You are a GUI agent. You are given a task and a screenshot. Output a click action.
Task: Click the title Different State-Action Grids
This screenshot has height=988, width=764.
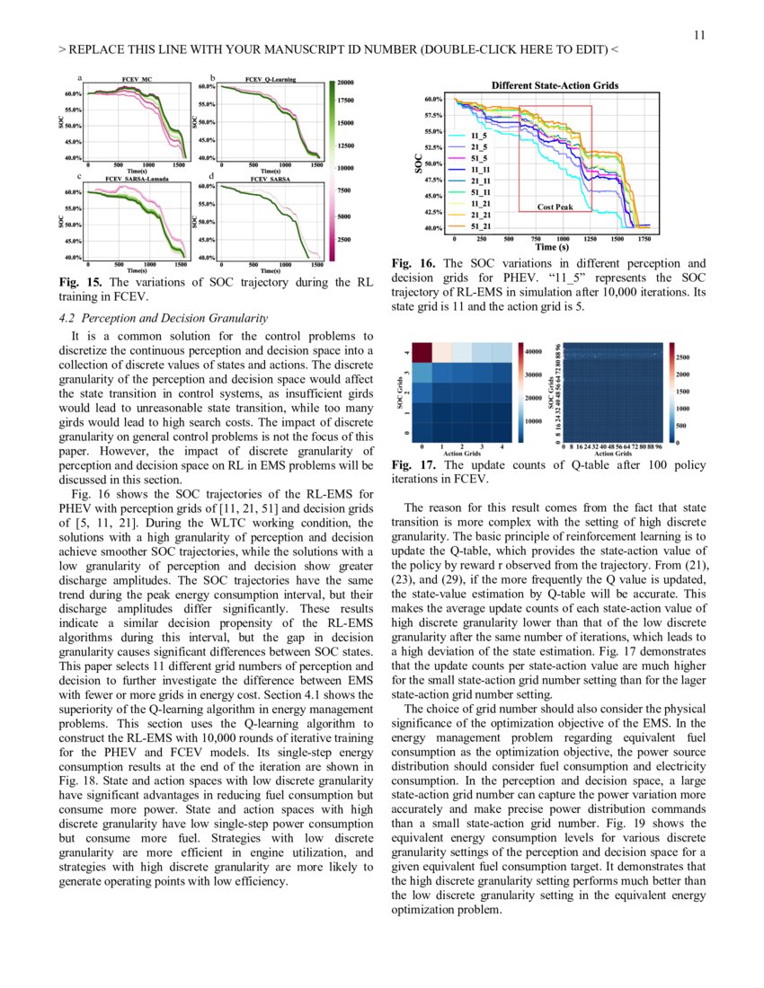coord(555,85)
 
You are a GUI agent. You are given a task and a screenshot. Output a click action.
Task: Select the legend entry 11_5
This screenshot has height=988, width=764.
coord(478,135)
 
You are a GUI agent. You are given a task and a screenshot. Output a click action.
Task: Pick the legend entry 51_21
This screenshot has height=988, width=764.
coord(480,225)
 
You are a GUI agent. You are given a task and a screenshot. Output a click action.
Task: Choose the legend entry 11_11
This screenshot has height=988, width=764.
coord(480,169)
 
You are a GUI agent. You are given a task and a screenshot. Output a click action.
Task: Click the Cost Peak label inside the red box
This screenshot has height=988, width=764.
coord(555,207)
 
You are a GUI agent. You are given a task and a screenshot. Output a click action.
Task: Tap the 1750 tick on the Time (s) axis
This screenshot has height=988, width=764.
coord(644,239)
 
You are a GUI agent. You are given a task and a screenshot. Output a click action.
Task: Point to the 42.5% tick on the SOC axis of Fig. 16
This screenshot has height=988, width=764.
coord(431,213)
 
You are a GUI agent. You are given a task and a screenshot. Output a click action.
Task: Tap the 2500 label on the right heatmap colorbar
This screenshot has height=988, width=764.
coord(685,357)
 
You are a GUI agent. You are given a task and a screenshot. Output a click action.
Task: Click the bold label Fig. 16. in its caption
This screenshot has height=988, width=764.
coord(413,264)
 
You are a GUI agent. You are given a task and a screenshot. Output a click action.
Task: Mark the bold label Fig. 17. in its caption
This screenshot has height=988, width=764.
coord(413,465)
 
